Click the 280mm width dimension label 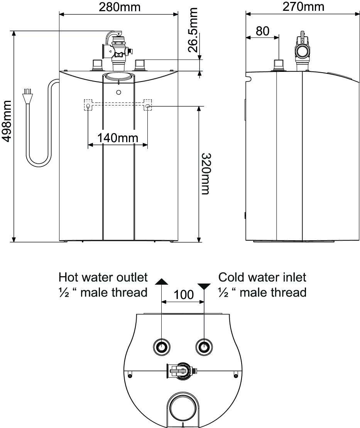click(119, 7)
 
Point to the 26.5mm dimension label click(193, 30)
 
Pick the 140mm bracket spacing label click(118, 138)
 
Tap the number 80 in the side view click(262, 31)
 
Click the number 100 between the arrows click(183, 295)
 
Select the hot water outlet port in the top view click(161, 347)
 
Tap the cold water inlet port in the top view click(204, 347)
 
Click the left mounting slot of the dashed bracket click(89, 105)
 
